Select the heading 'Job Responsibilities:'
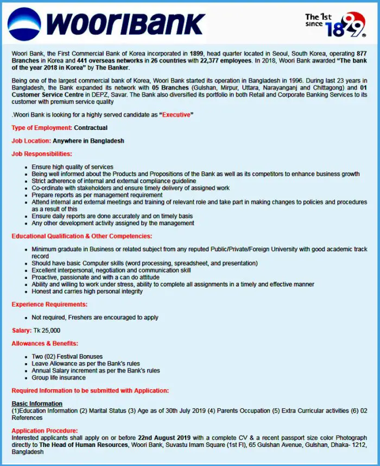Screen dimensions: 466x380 (x=42, y=154)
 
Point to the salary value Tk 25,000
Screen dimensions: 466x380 (x=47, y=330)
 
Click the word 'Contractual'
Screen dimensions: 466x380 (x=91, y=128)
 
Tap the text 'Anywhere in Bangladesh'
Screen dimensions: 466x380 (x=88, y=141)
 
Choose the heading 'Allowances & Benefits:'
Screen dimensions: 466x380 (x=45, y=343)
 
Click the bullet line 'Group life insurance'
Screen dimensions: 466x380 (x=59, y=377)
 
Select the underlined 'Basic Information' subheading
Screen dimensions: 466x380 (x=37, y=403)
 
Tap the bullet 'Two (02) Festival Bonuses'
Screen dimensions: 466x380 (x=67, y=356)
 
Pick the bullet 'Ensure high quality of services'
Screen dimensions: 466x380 (x=73, y=167)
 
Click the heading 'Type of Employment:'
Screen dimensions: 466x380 (x=42, y=128)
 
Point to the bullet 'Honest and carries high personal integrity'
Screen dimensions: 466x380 (x=87, y=291)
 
